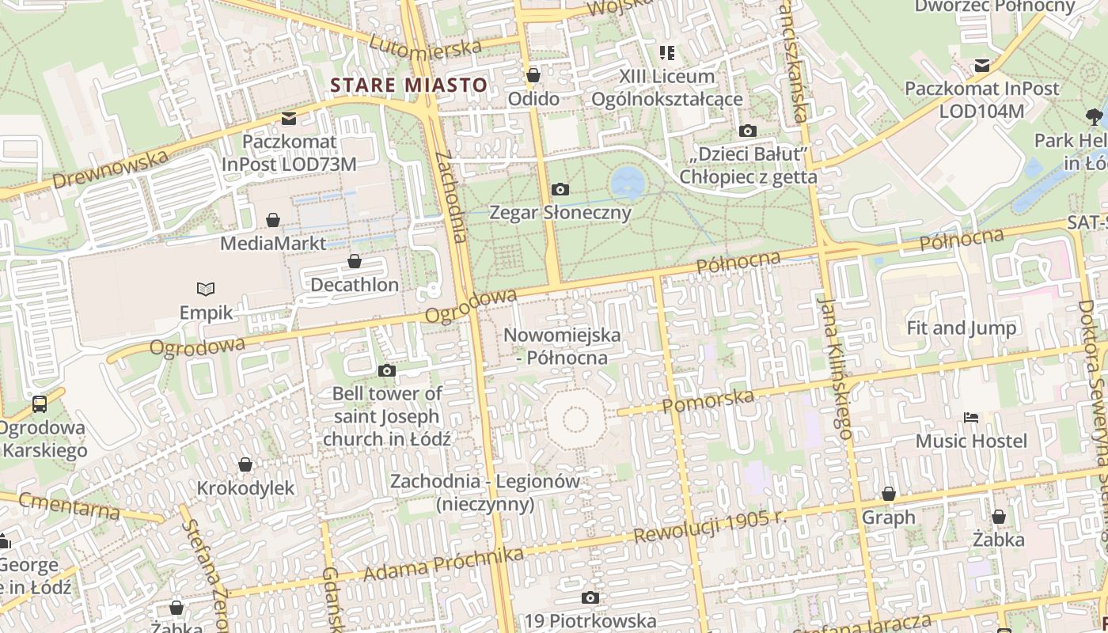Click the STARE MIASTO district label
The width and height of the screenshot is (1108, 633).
[408, 85]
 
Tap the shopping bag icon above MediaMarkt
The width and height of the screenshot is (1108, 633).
[273, 220]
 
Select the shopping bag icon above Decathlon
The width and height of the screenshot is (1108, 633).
[355, 261]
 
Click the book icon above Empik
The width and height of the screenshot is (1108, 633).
[206, 290]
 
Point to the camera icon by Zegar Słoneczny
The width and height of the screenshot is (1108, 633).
[560, 189]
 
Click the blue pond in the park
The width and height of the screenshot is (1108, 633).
[628, 182]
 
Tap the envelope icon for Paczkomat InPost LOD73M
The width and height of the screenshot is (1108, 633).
[289, 119]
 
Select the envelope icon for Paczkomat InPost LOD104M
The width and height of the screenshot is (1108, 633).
[982, 65]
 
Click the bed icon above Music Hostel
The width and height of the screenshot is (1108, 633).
[971, 417]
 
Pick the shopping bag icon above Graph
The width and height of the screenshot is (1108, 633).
[889, 494]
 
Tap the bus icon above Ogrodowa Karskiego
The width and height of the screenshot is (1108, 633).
[39, 404]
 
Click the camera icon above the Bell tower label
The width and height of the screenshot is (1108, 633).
[387, 370]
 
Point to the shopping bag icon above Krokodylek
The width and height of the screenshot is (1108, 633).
[245, 464]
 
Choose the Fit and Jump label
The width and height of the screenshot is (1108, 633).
[961, 328]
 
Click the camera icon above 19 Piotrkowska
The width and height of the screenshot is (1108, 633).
[590, 597]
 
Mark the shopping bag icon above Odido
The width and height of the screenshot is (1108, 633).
[533, 75]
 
